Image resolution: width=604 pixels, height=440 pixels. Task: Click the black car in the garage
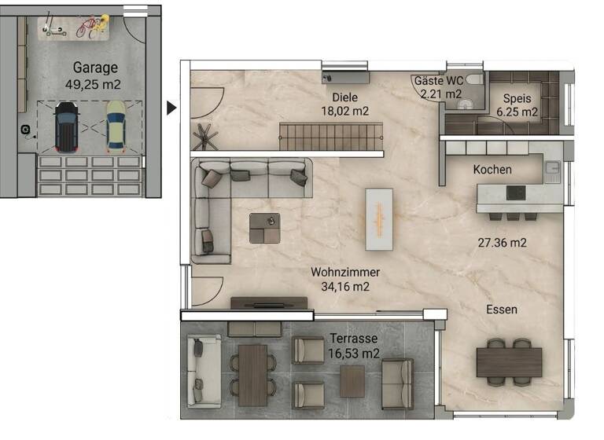click(x=65, y=126)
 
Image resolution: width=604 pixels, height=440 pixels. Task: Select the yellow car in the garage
click(x=116, y=126)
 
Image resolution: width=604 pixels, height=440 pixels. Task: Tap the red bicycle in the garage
click(x=91, y=28)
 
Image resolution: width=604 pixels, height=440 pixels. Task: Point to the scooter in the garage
click(x=53, y=31)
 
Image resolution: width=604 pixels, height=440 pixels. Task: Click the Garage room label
click(x=94, y=68)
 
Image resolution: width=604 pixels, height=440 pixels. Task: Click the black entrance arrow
click(x=171, y=108)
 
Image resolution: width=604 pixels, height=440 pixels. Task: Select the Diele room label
click(x=344, y=97)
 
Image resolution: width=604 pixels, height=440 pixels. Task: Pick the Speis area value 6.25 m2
click(x=516, y=112)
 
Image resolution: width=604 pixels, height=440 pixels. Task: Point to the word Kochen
click(x=492, y=169)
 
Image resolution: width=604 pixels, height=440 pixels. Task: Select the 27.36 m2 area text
click(x=502, y=242)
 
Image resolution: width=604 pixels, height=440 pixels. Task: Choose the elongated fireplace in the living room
click(x=377, y=219)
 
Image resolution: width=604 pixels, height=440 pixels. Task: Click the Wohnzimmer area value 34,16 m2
click(x=345, y=286)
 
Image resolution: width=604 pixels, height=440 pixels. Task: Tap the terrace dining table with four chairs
click(x=252, y=375)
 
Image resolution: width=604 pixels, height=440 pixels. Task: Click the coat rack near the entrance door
click(x=206, y=136)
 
